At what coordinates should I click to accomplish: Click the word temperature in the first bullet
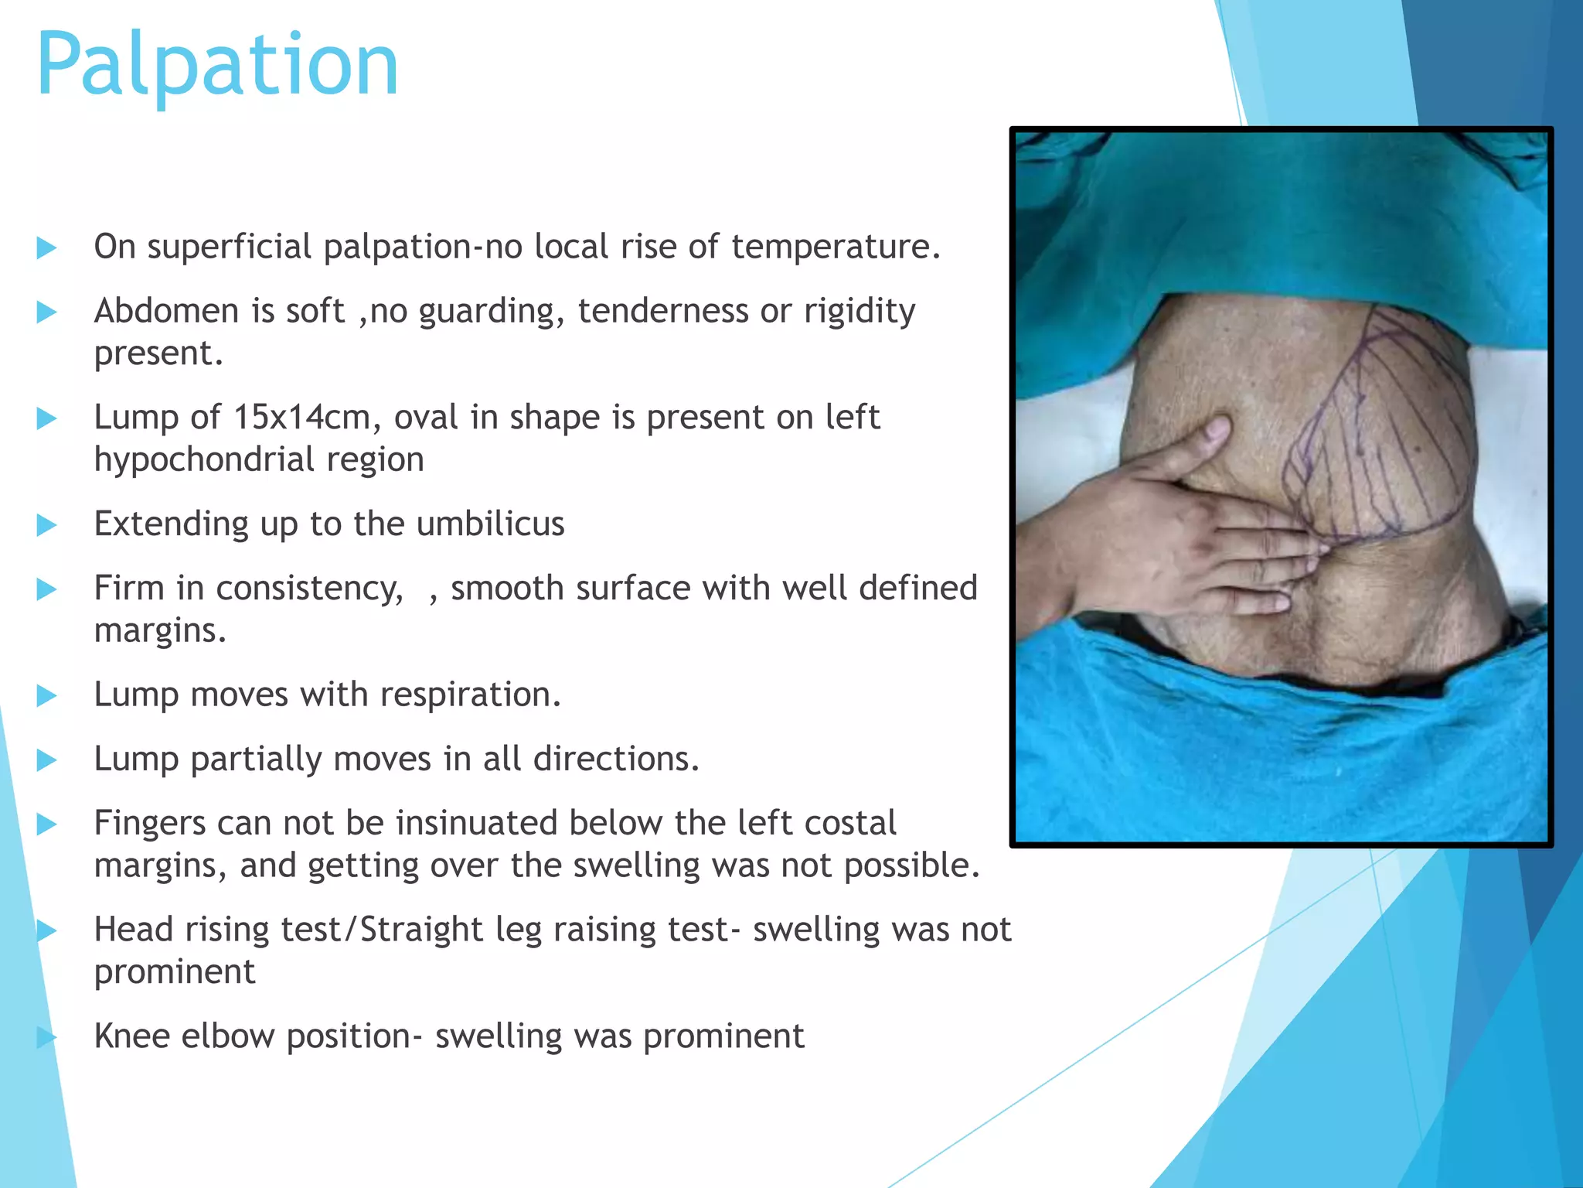pos(835,247)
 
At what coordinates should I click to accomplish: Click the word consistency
pos(309,589)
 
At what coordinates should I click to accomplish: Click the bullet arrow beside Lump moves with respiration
pos(47,696)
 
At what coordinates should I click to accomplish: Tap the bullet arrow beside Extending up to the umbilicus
pos(47,526)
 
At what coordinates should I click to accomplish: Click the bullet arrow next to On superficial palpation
pos(47,248)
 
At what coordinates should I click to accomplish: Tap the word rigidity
pos(860,312)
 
